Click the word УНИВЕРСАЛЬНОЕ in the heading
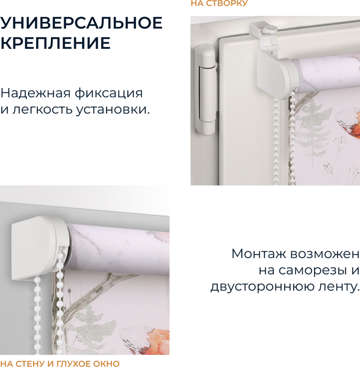point(81,23)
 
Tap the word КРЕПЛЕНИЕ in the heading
point(55,43)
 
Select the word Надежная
point(36,93)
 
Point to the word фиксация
point(109,94)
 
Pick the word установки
point(113,109)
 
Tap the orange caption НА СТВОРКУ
point(219,3)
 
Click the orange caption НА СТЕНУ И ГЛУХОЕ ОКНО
point(60,363)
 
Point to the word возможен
point(325,254)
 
